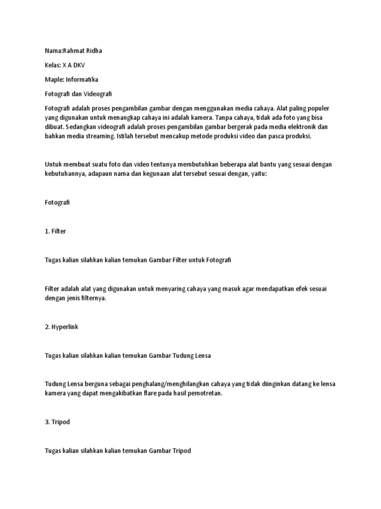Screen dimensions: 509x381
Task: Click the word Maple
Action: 54,79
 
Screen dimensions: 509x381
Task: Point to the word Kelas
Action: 53,65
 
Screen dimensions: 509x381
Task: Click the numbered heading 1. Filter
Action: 55,231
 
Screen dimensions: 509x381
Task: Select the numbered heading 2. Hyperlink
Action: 62,327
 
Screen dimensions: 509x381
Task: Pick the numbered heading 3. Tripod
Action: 58,423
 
